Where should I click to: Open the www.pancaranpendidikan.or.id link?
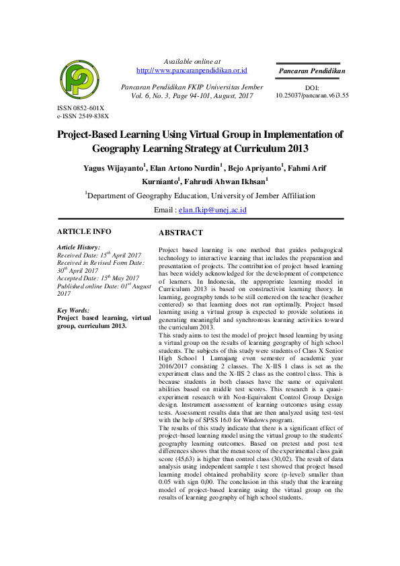192,70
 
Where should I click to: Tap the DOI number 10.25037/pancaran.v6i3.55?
312,95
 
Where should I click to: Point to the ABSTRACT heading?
180,233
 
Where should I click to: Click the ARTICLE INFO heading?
84,231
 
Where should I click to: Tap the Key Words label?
74,310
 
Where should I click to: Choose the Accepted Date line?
98,278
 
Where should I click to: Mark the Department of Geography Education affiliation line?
200,196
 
